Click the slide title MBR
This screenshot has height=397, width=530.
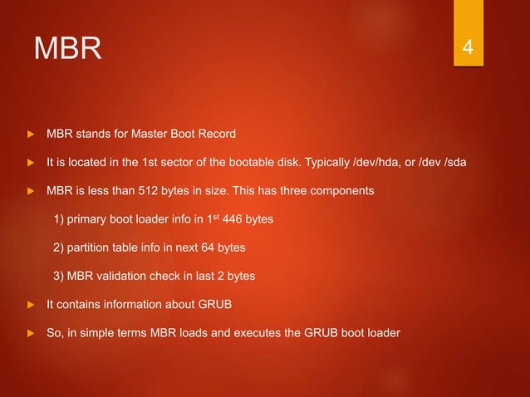point(67,49)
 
